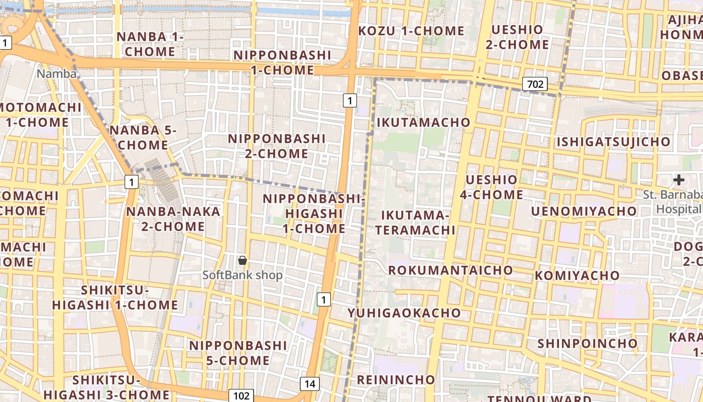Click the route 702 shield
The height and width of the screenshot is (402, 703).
click(535, 84)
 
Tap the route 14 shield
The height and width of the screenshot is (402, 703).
click(310, 384)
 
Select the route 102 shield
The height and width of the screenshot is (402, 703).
click(241, 395)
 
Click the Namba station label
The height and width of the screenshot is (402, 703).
click(57, 74)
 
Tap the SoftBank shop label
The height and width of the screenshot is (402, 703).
click(243, 275)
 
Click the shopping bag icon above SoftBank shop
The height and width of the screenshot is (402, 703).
click(243, 260)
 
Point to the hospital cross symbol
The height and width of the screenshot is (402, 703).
click(679, 179)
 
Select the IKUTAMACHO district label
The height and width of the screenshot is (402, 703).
click(423, 122)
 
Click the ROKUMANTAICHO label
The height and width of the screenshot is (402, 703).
click(450, 270)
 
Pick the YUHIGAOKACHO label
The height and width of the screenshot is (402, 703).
click(404, 313)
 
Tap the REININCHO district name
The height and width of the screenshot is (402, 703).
click(396, 379)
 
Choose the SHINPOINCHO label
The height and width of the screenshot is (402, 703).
click(588, 343)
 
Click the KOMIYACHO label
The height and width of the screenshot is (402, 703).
click(577, 275)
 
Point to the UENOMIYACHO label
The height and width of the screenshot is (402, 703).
click(584, 211)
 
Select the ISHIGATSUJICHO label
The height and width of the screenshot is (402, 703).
click(613, 142)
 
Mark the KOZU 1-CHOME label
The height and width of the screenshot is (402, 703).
click(411, 31)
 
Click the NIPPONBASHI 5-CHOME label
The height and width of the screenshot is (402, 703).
click(238, 353)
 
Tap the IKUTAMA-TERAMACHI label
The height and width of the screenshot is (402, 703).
click(415, 223)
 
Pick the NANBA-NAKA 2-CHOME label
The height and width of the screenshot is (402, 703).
click(173, 219)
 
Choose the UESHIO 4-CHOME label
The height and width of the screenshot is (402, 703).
click(491, 187)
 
